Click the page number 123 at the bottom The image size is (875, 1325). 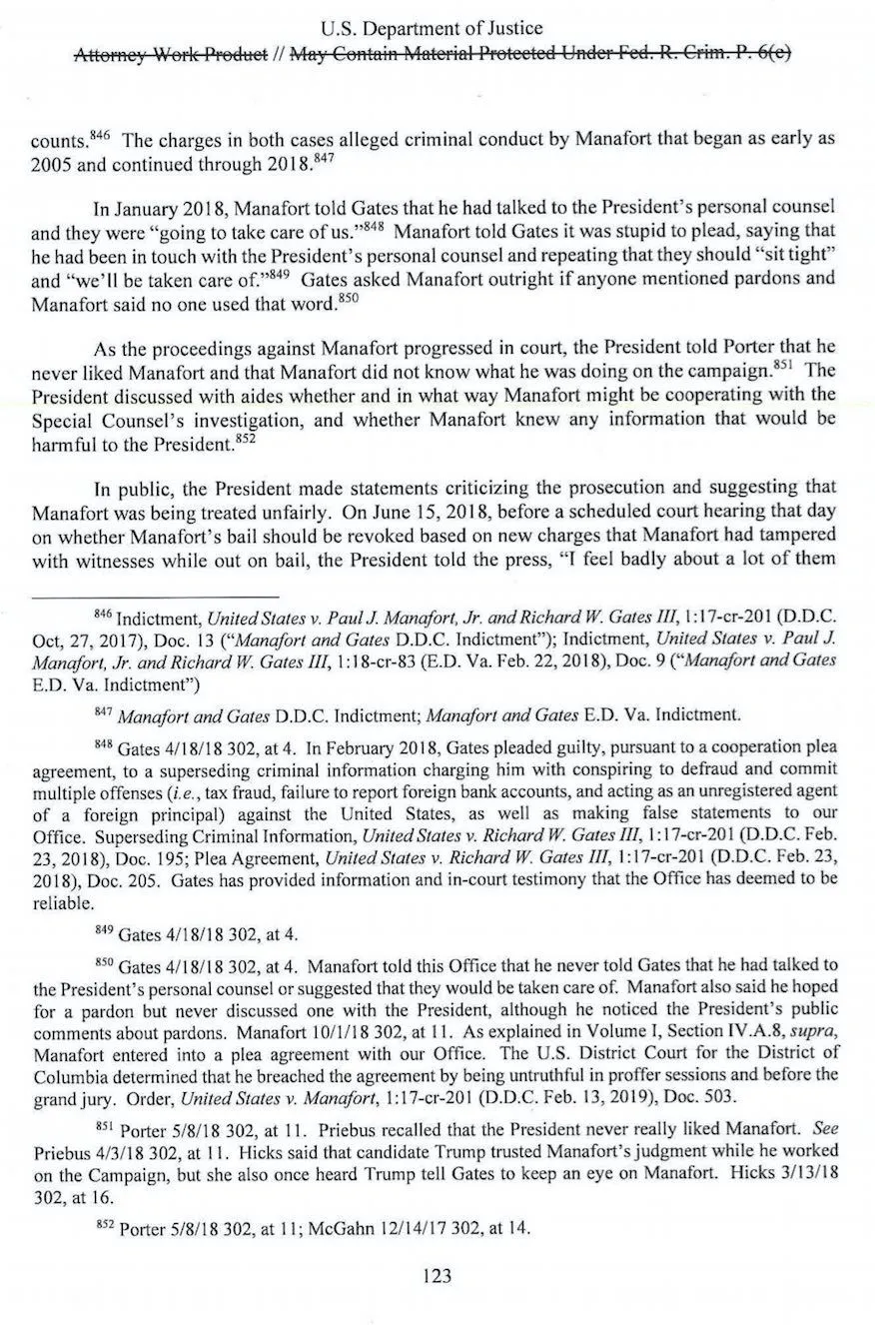coord(437,1276)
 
